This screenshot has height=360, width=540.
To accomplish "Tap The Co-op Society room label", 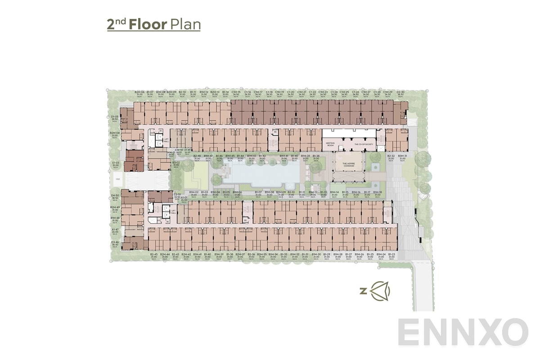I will click(x=364, y=144).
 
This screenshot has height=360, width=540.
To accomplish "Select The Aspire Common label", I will click(x=349, y=165).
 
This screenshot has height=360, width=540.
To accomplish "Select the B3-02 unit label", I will click(x=176, y=164).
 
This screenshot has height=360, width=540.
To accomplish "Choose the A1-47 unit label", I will click(x=115, y=230).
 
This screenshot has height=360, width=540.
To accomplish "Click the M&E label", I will click(x=118, y=180).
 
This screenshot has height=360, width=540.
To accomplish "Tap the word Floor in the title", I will click(x=148, y=24).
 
